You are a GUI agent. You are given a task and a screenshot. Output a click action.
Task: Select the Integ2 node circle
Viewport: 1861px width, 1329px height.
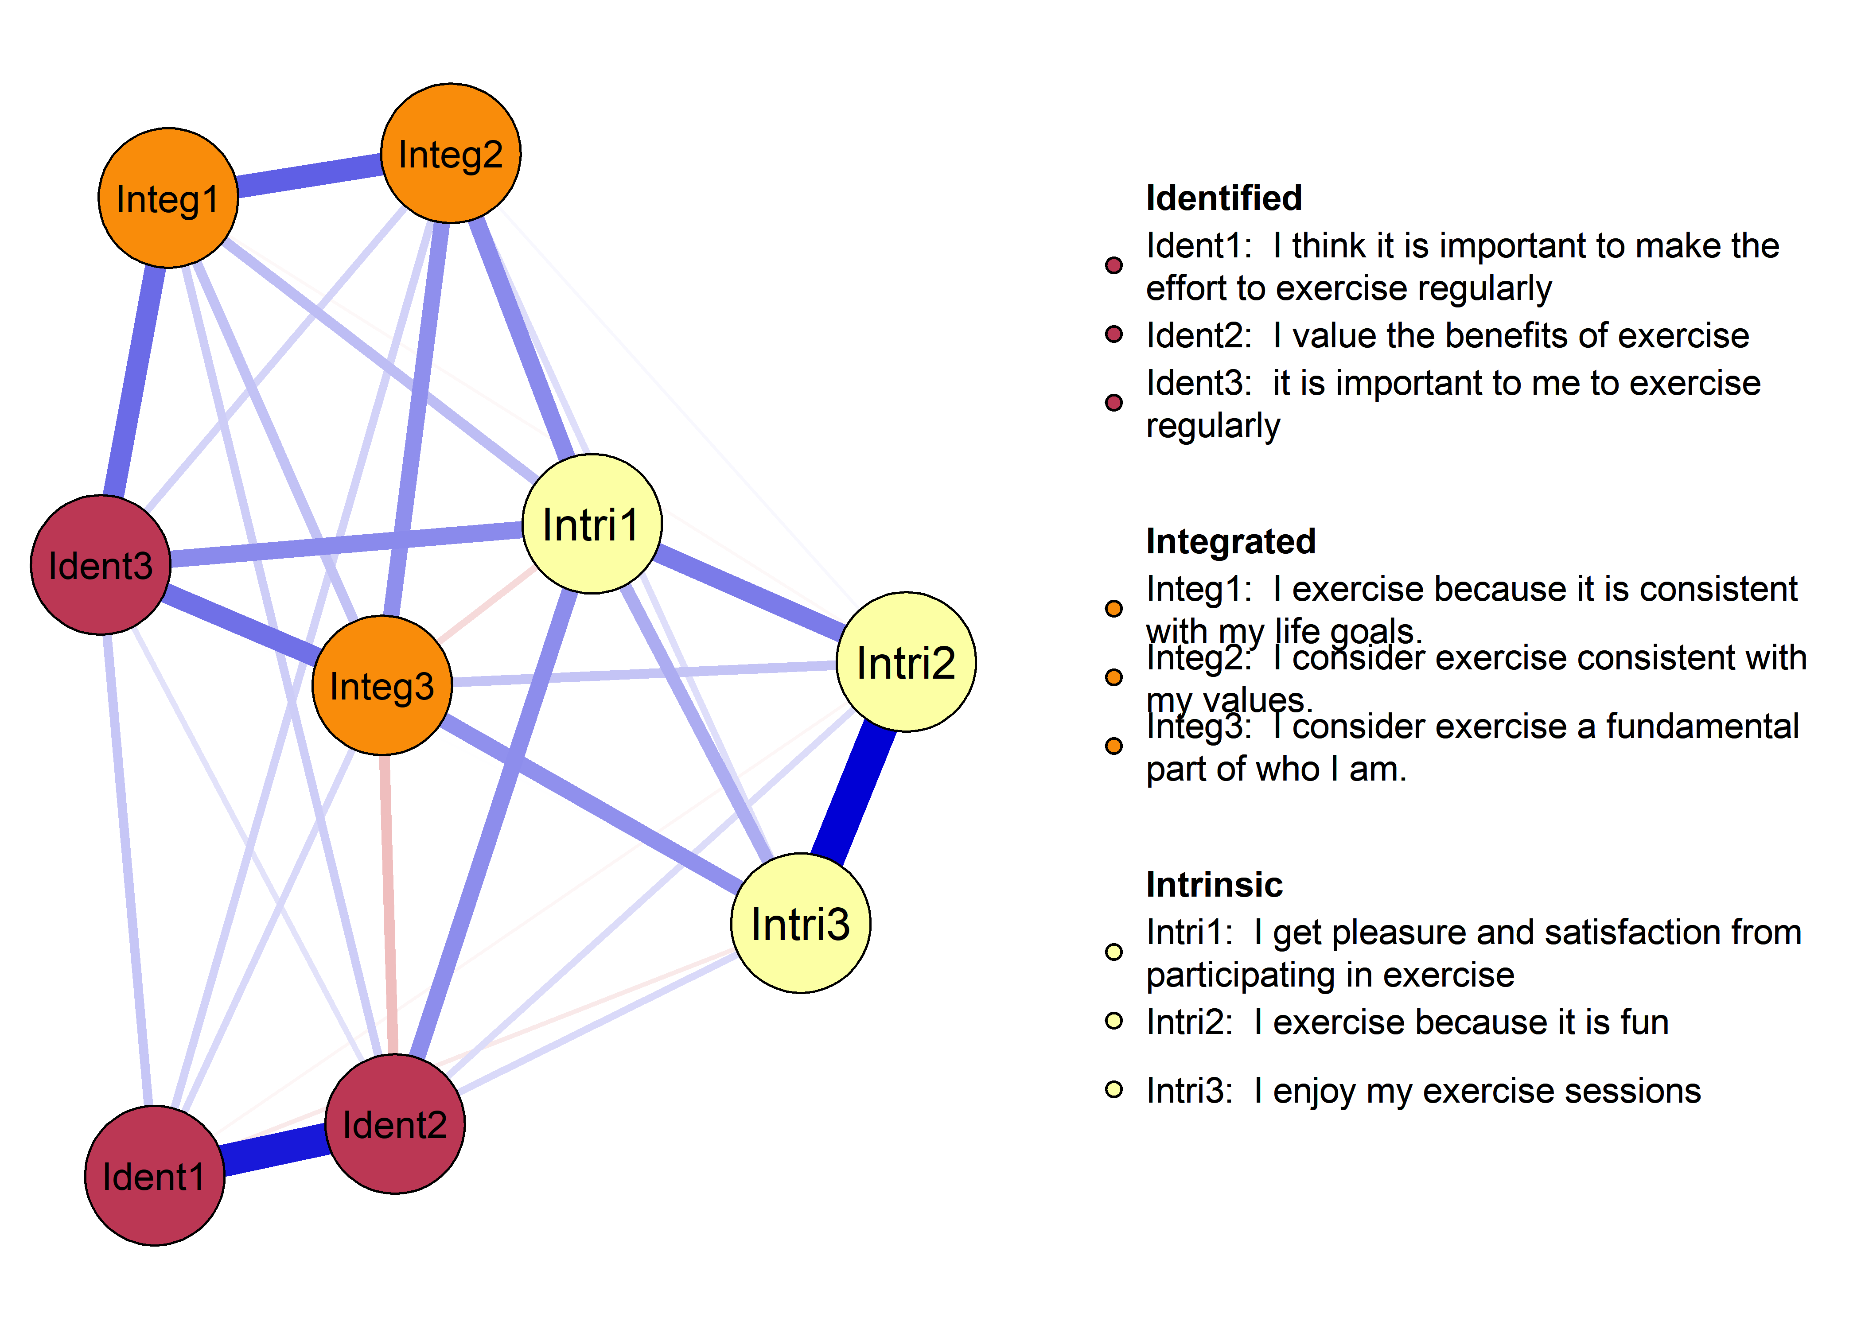[451, 153]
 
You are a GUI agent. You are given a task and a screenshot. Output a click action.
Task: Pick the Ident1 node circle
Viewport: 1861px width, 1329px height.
[155, 1176]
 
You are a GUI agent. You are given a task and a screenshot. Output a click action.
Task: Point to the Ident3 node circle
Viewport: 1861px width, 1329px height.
[101, 565]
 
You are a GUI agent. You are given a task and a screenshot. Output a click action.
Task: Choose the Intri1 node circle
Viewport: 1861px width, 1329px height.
[592, 524]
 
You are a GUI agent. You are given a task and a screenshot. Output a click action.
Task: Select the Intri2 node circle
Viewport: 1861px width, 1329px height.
[906, 662]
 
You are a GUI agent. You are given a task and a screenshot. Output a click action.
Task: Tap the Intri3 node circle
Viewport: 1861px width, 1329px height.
[800, 923]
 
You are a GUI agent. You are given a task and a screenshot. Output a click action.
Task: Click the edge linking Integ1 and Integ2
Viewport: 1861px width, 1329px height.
[309, 175]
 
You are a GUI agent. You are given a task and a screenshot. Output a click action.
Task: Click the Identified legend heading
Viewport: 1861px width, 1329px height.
[1223, 198]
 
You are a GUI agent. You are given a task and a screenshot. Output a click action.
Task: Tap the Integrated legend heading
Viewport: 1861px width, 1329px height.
[1230, 542]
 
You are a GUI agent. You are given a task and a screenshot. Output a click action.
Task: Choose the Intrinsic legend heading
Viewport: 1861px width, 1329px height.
[1214, 885]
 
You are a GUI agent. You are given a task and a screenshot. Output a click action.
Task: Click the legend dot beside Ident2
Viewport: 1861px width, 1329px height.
[1114, 334]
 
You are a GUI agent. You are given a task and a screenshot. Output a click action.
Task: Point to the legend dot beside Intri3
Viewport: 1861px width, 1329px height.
[1114, 1089]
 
